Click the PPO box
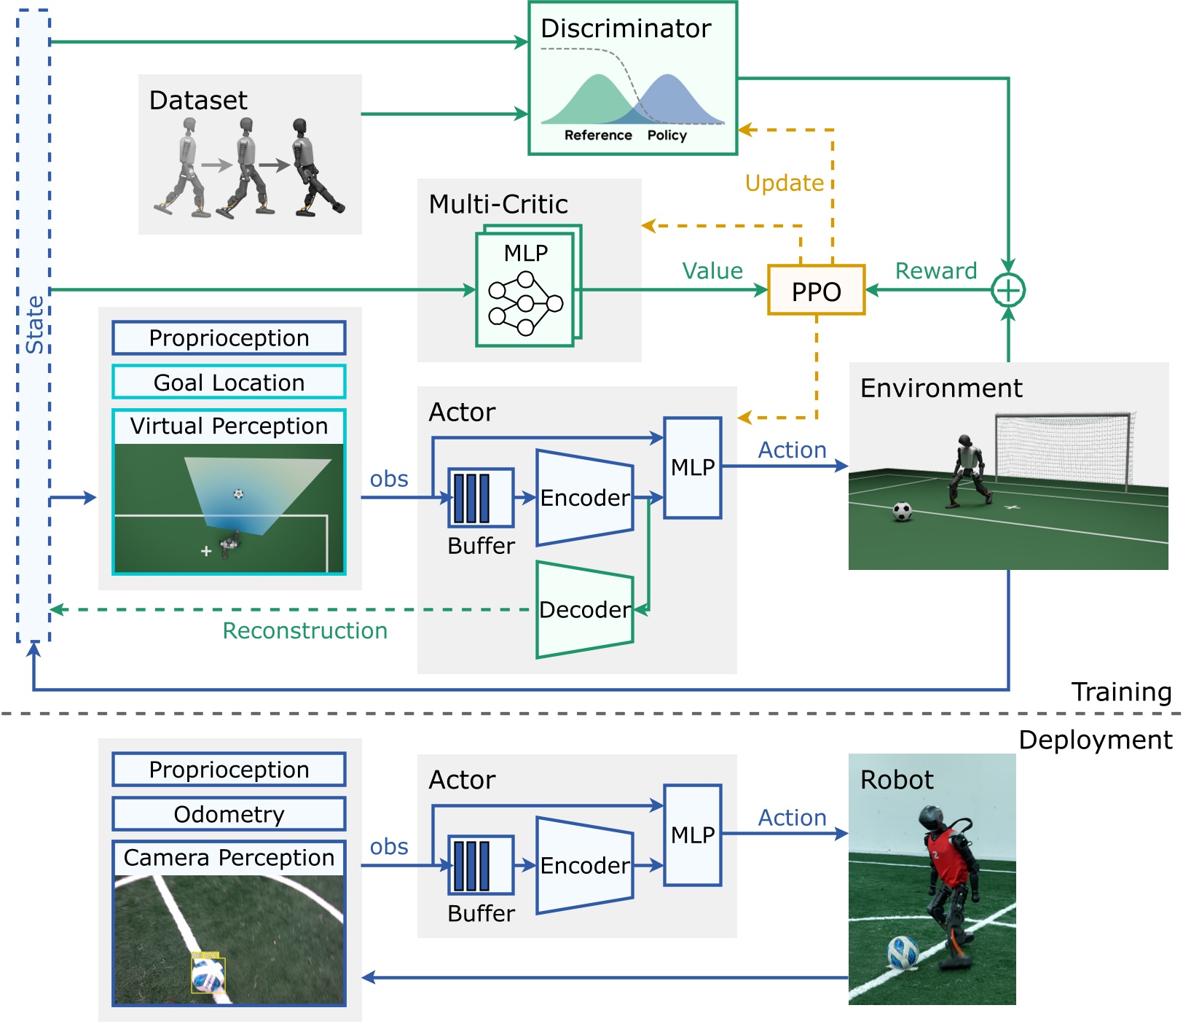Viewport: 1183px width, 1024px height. (x=816, y=290)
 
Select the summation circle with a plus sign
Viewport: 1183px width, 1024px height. (x=1008, y=290)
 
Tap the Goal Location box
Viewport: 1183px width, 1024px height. (x=229, y=382)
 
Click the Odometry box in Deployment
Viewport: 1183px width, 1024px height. (x=229, y=813)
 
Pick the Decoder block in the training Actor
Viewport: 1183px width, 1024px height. (x=585, y=609)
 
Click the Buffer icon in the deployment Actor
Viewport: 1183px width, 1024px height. (x=481, y=865)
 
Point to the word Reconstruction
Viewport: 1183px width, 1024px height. (x=305, y=630)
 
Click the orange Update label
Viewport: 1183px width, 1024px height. (x=784, y=183)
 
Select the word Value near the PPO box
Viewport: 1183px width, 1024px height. (x=712, y=271)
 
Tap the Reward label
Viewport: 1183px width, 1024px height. (x=936, y=271)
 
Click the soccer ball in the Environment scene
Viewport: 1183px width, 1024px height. (x=902, y=512)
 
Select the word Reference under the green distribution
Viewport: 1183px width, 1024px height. (x=598, y=136)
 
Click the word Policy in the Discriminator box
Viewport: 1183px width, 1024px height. (x=667, y=136)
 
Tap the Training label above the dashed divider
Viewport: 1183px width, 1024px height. (x=1121, y=692)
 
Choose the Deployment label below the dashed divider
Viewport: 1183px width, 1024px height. (x=1096, y=740)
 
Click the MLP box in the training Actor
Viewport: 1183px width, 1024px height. (x=693, y=467)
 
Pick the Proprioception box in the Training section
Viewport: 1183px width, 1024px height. (x=229, y=338)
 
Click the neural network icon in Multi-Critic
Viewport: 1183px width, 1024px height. (x=525, y=303)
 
